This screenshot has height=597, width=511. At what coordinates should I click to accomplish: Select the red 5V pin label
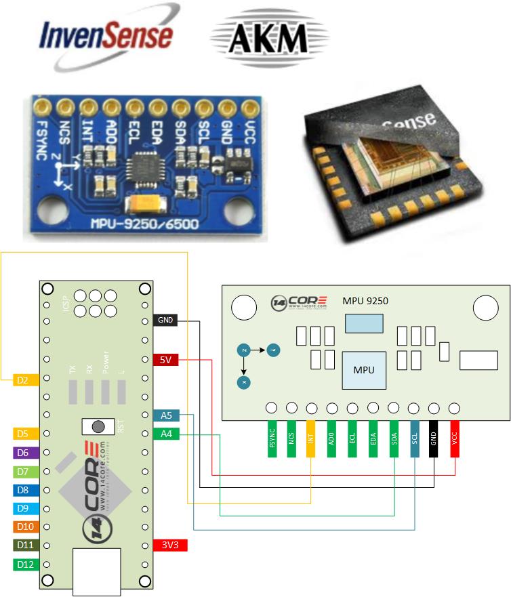(165, 360)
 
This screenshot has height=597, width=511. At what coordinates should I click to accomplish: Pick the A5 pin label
(166, 415)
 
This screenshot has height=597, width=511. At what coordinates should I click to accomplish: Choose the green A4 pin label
(166, 434)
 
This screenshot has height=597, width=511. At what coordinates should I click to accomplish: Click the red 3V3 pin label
(166, 545)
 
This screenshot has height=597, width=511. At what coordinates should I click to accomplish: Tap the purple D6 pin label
(22, 452)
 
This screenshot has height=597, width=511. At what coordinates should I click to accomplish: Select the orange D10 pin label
(22, 527)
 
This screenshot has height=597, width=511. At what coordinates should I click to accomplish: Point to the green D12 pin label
(22, 564)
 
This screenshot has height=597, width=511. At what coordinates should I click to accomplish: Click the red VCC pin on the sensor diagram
(454, 440)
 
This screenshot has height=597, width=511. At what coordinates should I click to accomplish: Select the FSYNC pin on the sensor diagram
(272, 440)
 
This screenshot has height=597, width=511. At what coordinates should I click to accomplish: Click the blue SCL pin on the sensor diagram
(414, 440)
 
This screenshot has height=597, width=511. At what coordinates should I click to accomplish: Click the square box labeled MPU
(364, 370)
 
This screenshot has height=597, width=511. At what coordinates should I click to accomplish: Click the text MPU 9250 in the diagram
(365, 300)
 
